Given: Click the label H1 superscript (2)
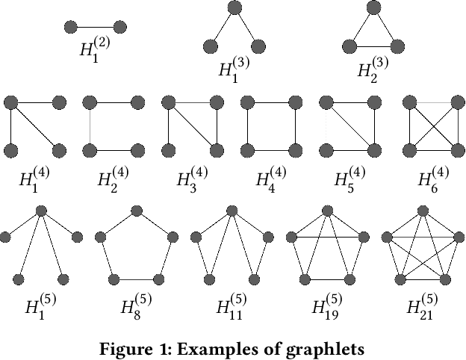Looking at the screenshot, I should (x=95, y=50).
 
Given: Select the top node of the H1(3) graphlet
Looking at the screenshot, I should (x=234, y=8).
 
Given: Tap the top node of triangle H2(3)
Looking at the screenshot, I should (x=373, y=8).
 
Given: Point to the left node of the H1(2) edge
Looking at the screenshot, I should (x=71, y=28).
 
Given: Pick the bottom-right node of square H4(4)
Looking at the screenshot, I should (x=296, y=149).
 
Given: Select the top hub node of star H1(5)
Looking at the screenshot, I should (x=42, y=211).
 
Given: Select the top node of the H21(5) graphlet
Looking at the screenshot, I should (x=423, y=211).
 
